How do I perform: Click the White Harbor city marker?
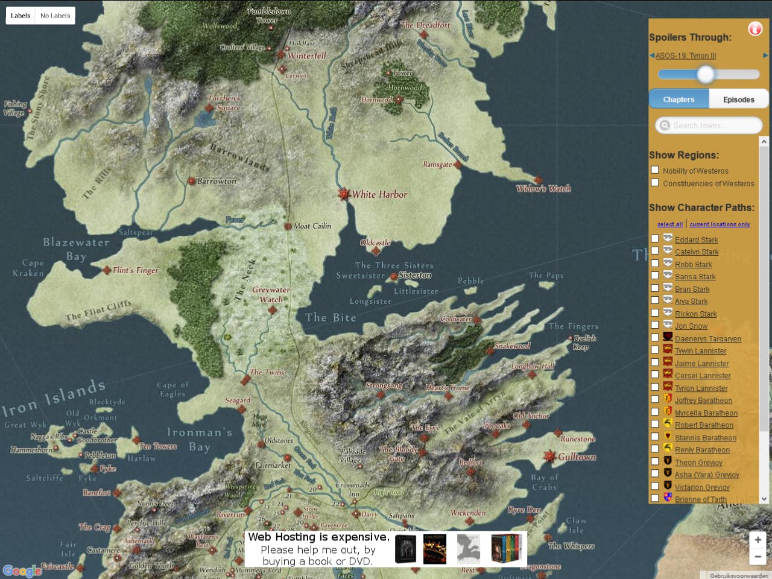[344, 194]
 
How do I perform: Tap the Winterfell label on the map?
[306, 55]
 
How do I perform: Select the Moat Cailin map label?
[312, 226]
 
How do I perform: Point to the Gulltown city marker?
[549, 457]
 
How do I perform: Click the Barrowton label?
[217, 181]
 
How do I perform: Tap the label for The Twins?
[267, 372]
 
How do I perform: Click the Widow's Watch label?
[543, 189]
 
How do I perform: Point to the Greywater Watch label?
[271, 294]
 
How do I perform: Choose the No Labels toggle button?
[55, 16]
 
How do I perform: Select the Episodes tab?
[738, 100]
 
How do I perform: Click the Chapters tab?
[679, 100]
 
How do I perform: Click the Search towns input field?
[709, 125]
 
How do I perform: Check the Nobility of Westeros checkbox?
[655, 170]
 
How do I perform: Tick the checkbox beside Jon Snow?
[655, 325]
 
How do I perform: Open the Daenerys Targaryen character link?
[707, 339]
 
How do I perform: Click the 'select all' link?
[669, 224]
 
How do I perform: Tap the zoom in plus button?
[758, 540]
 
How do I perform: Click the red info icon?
[755, 28]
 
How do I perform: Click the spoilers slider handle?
[706, 74]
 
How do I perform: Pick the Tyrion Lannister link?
[701, 388]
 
